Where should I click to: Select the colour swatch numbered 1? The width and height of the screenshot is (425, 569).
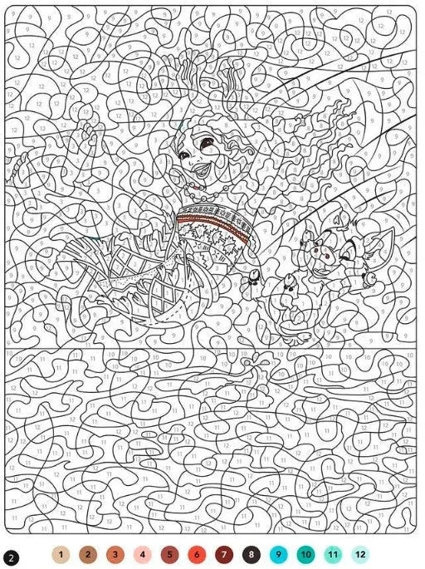tap(60, 554)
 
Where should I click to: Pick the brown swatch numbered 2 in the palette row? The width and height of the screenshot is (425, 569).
tap(87, 554)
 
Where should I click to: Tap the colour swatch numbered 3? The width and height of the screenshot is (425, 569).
tap(115, 554)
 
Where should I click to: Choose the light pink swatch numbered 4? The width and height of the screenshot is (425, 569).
tap(142, 554)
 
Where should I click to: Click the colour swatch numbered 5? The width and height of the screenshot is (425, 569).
tap(169, 554)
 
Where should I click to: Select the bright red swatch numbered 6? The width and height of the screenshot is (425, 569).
tap(197, 554)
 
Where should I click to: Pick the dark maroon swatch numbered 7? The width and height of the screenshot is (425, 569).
tap(223, 554)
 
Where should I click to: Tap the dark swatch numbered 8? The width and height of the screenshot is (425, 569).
tap(251, 554)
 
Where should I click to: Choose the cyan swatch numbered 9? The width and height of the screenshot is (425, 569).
tap(278, 554)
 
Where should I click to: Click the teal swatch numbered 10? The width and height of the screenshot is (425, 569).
tap(305, 554)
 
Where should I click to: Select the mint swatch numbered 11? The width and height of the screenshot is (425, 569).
tap(333, 554)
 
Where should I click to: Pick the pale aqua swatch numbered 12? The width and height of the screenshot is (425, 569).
tap(360, 554)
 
